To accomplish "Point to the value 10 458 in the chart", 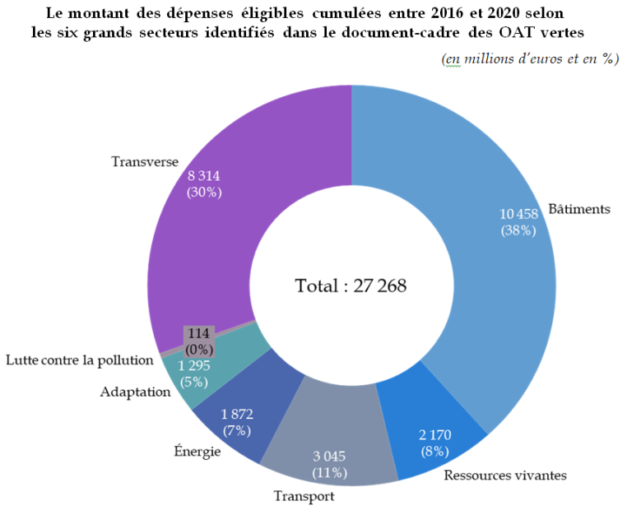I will coord(518,214).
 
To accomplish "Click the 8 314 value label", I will coord(203,175).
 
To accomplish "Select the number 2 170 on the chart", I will coord(435,434).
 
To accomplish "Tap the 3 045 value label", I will coord(330,456).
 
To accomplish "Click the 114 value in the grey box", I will coord(198,333).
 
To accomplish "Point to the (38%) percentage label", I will coord(518,231).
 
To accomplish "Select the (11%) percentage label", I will coord(330,473).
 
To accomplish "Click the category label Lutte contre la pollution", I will coord(80,360).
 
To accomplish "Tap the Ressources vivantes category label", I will coord(505,475).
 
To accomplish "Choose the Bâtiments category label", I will coord(581,209).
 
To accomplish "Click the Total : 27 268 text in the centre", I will coord(351,285).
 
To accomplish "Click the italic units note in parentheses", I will coord(530,59).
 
